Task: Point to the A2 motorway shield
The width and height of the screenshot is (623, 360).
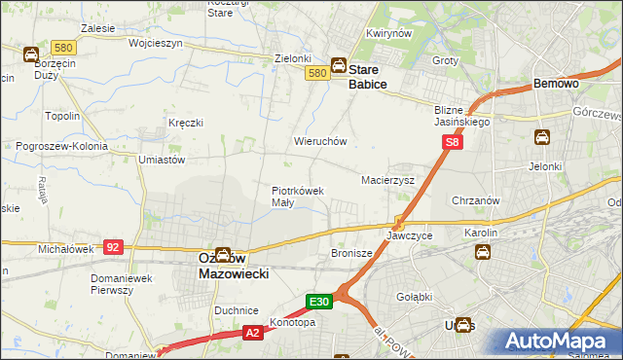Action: tap(252, 333)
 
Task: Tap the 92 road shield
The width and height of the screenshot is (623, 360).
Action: tap(113, 248)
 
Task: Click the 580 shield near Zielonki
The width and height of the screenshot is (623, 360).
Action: tap(316, 73)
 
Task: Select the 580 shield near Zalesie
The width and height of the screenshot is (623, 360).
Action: tap(64, 48)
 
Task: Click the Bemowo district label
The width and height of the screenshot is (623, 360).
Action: tap(557, 85)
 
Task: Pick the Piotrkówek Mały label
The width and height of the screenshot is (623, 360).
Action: tap(297, 197)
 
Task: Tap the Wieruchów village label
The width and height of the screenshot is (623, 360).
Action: tap(320, 141)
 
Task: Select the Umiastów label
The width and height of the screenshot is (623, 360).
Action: tap(162, 159)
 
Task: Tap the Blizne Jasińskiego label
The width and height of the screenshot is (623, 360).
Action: tap(462, 117)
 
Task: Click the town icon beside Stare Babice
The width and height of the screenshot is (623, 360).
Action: tap(338, 66)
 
